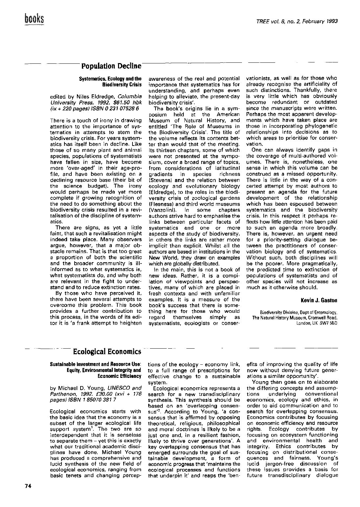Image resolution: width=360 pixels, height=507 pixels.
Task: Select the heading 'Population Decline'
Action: [111, 66]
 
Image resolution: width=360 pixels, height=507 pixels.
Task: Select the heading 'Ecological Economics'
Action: [107, 352]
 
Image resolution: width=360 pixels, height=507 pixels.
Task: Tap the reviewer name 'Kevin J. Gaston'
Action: [319, 300]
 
